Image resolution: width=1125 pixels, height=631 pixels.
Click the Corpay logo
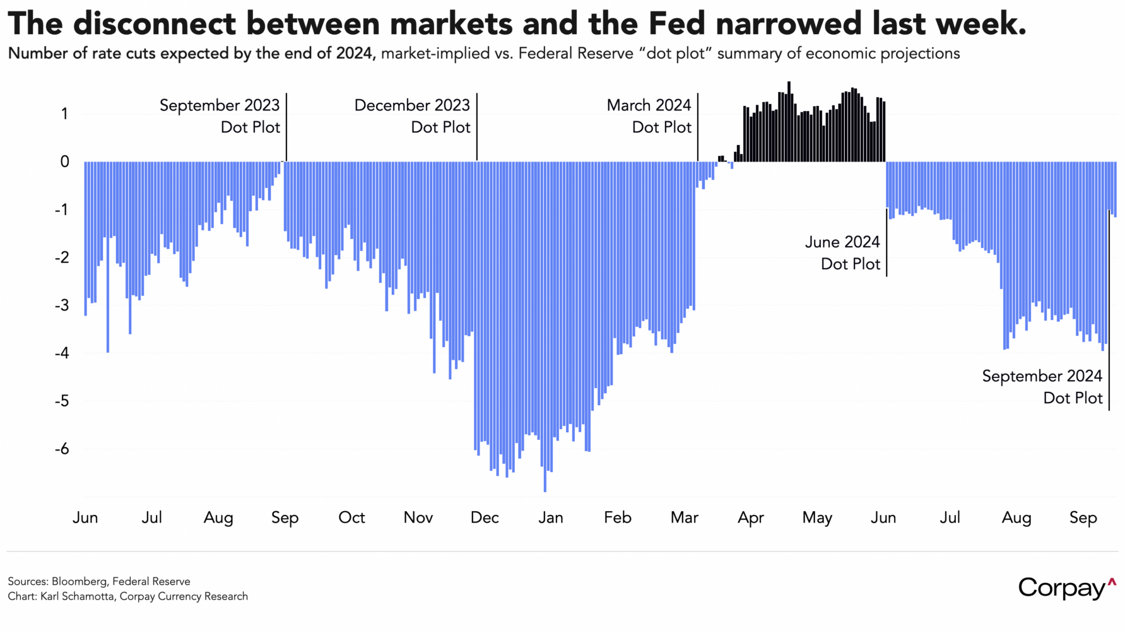1066,587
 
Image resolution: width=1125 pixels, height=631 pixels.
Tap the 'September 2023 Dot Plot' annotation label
220,116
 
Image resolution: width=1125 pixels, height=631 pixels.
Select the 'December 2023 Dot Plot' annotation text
412,116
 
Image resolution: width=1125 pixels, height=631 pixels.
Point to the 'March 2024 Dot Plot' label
649,116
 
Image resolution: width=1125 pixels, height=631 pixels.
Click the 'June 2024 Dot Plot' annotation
842,253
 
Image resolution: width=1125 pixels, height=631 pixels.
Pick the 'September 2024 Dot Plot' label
1042,387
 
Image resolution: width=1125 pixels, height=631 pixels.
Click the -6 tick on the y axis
61,449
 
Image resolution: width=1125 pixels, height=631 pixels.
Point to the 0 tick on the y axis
64,162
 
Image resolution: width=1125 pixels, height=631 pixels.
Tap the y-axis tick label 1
64,114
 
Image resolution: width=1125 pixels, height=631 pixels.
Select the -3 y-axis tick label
61,305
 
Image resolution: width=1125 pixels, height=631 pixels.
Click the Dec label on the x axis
485,518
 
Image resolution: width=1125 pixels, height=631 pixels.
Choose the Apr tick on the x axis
751,518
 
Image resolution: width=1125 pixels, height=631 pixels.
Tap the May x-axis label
817,518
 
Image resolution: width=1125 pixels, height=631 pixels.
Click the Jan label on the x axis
551,518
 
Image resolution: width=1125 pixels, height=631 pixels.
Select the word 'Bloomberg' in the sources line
78,581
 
